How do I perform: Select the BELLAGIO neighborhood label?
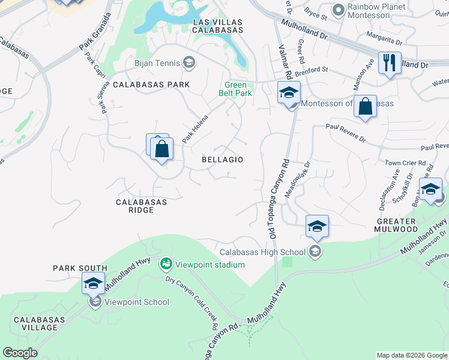pos(222,160)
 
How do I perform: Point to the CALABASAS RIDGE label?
pos(142,206)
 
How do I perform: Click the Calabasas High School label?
pos(264,252)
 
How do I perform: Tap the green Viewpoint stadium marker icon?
pos(166,264)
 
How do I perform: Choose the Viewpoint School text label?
pos(136,302)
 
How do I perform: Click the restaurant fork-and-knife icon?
pos(390,62)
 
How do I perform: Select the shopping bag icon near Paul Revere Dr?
pos(365,107)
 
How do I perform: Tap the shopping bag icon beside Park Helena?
pos(161,148)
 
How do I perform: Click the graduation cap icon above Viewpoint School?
pos(93,283)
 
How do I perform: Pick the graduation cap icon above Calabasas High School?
pos(317,226)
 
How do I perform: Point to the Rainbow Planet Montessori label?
pos(376,8)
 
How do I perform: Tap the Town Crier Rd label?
pos(405,163)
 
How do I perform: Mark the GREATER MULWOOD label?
pos(397,225)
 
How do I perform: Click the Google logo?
pos(20,353)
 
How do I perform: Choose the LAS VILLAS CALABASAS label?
pos(217,26)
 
